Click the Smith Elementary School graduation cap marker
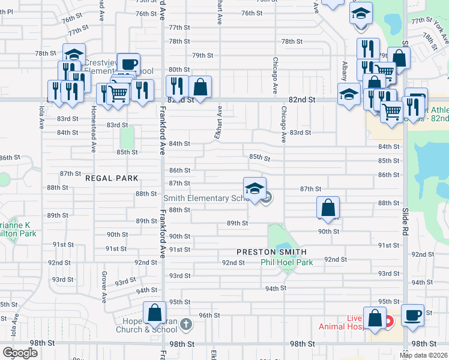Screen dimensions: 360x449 tap(255, 188)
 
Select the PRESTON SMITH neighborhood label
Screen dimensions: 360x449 tap(271, 252)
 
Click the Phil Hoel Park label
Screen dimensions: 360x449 tap(287, 262)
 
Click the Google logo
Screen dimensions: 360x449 tap(20, 353)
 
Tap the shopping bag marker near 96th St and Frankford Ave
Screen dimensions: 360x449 tap(154, 313)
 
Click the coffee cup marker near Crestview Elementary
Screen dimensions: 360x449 tap(128, 64)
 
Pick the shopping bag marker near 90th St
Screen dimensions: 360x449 tap(328, 208)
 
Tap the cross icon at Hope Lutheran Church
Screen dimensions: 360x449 tap(186, 325)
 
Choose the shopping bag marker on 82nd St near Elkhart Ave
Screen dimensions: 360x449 tap(200, 86)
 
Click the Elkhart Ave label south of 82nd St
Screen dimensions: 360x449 tap(218, 123)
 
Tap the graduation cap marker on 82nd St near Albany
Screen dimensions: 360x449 tap(349, 94)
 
